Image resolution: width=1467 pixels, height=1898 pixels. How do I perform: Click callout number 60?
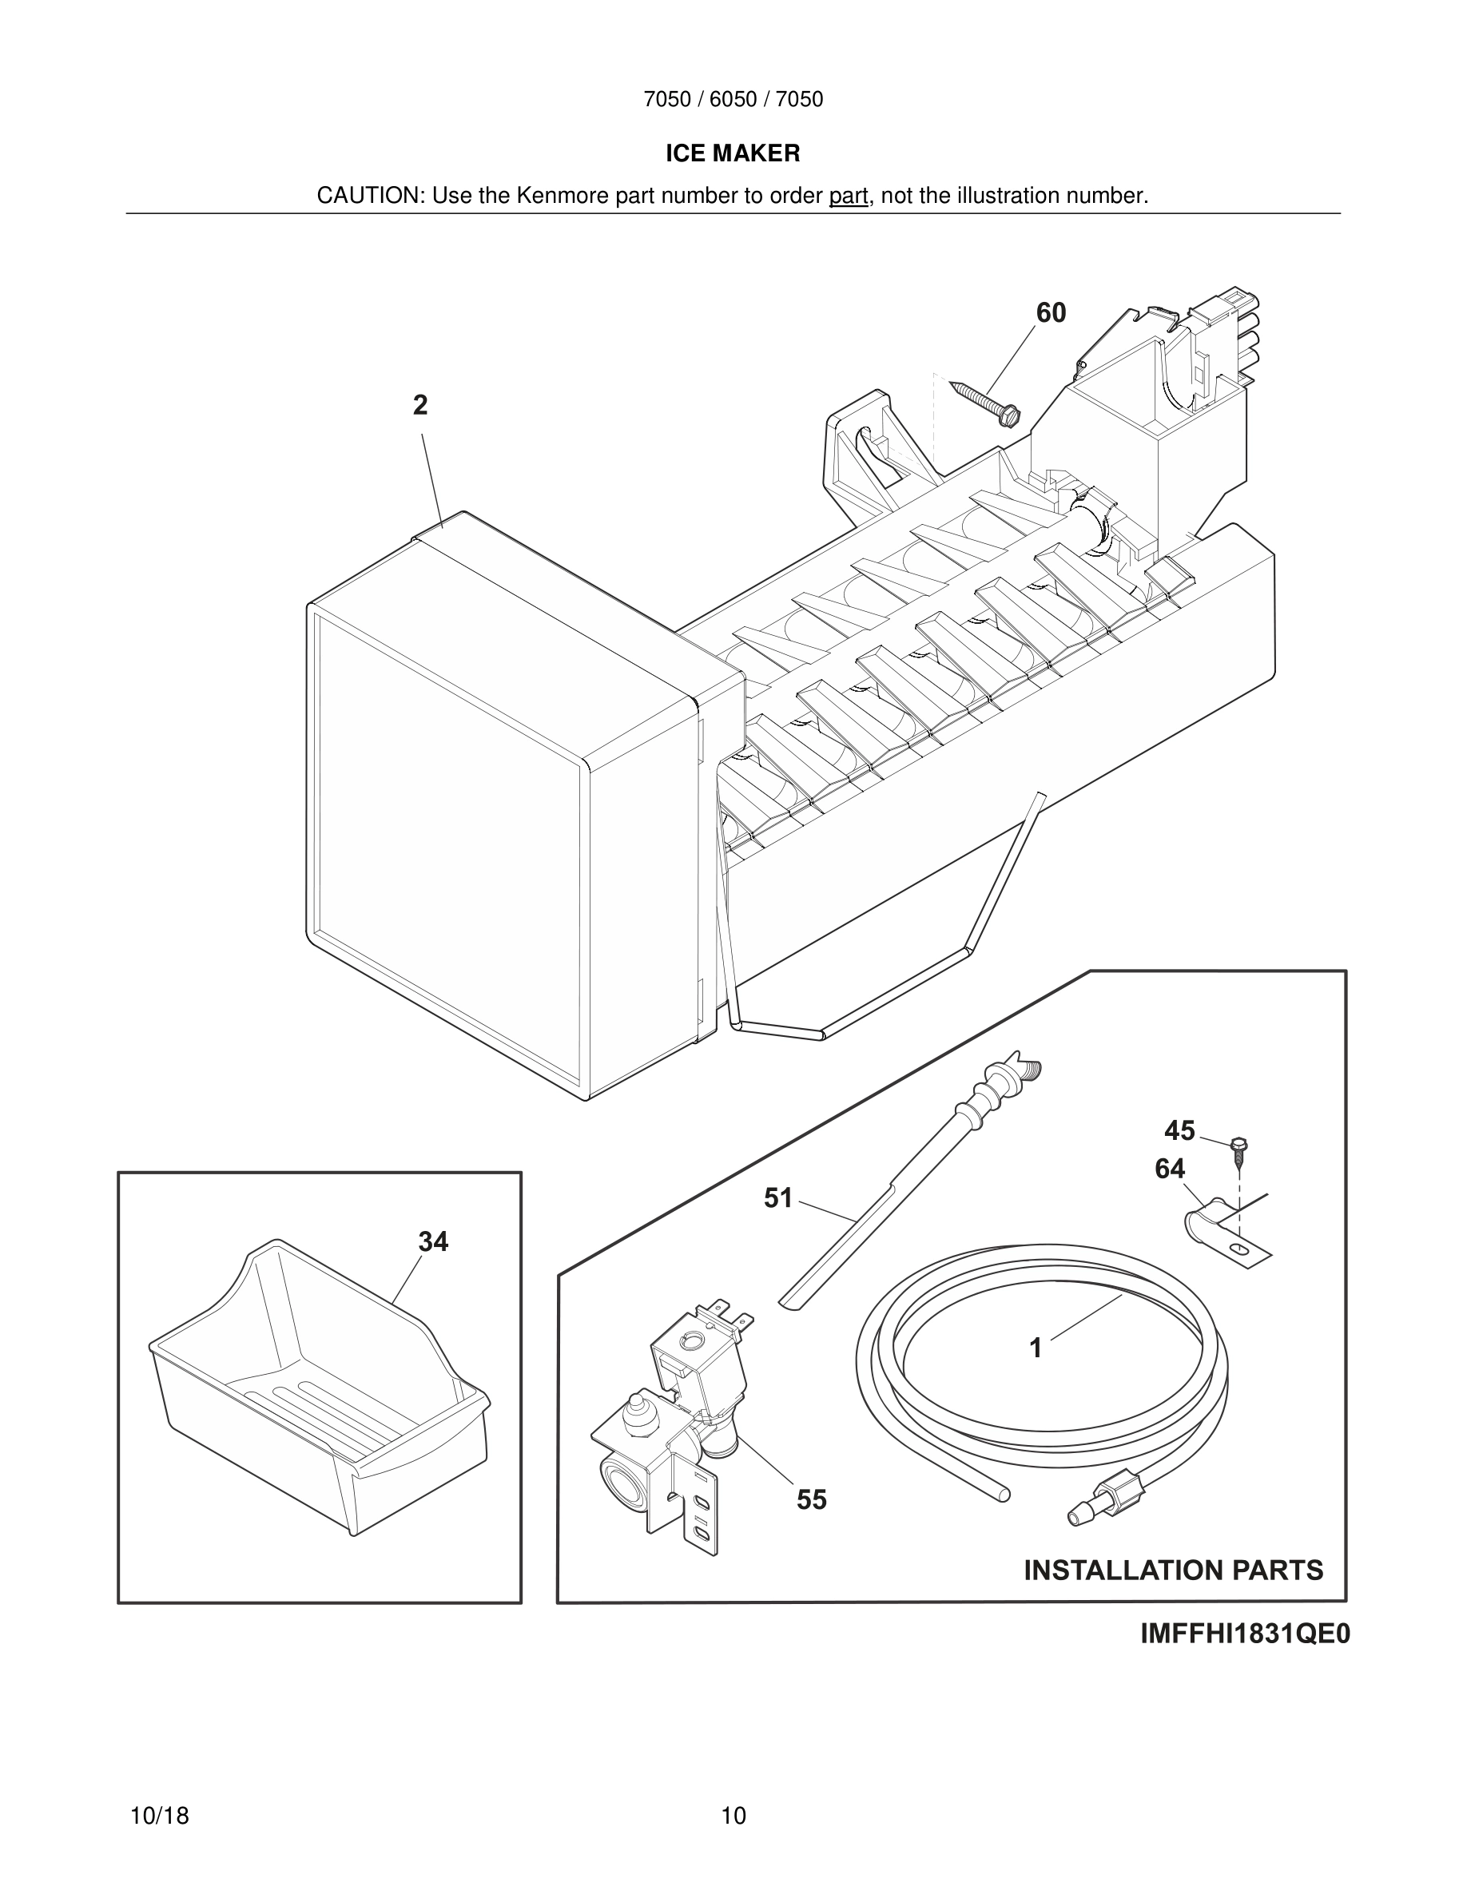[x=1051, y=313]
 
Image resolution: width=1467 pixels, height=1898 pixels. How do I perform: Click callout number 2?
[x=419, y=405]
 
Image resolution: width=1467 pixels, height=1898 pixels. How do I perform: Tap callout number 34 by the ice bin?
[x=433, y=1242]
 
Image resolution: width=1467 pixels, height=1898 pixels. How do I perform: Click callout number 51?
[x=777, y=1198]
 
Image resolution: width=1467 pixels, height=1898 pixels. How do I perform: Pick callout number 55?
[x=812, y=1500]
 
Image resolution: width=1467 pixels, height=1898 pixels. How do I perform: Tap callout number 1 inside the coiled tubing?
[x=1035, y=1348]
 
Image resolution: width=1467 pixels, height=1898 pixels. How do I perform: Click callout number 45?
[x=1179, y=1130]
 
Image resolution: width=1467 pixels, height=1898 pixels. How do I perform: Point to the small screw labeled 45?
[x=1239, y=1151]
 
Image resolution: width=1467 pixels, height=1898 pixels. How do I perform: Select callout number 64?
[x=1170, y=1169]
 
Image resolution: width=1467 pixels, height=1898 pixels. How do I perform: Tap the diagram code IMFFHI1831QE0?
[x=1245, y=1634]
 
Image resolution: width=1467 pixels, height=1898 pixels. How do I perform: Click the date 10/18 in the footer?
[x=159, y=1816]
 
